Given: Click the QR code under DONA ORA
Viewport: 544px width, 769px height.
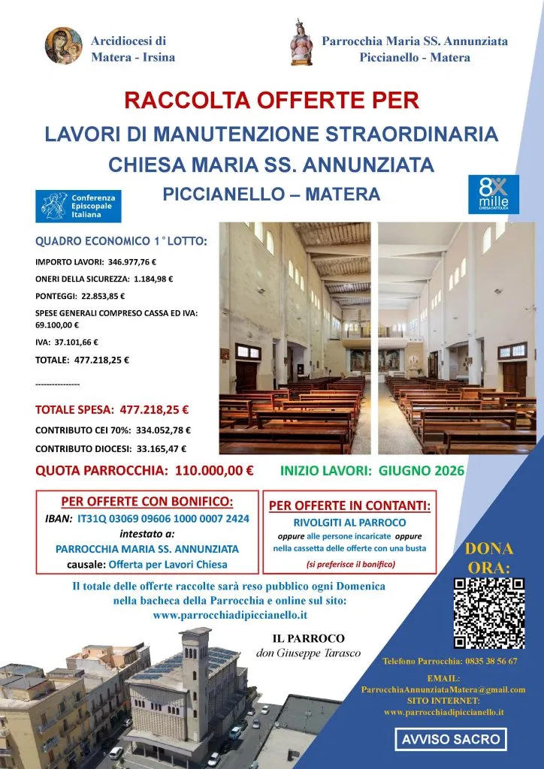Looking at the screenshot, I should point(489,613).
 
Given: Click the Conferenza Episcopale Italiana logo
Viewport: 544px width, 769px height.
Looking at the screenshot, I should point(78,206).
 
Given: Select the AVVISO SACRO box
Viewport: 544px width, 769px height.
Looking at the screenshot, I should point(450,739).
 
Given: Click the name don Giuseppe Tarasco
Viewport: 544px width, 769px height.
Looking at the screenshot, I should point(309,653).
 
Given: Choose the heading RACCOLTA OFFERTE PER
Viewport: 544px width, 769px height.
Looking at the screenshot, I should point(271,101).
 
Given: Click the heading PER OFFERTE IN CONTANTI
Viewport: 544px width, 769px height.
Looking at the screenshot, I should point(349,505).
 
